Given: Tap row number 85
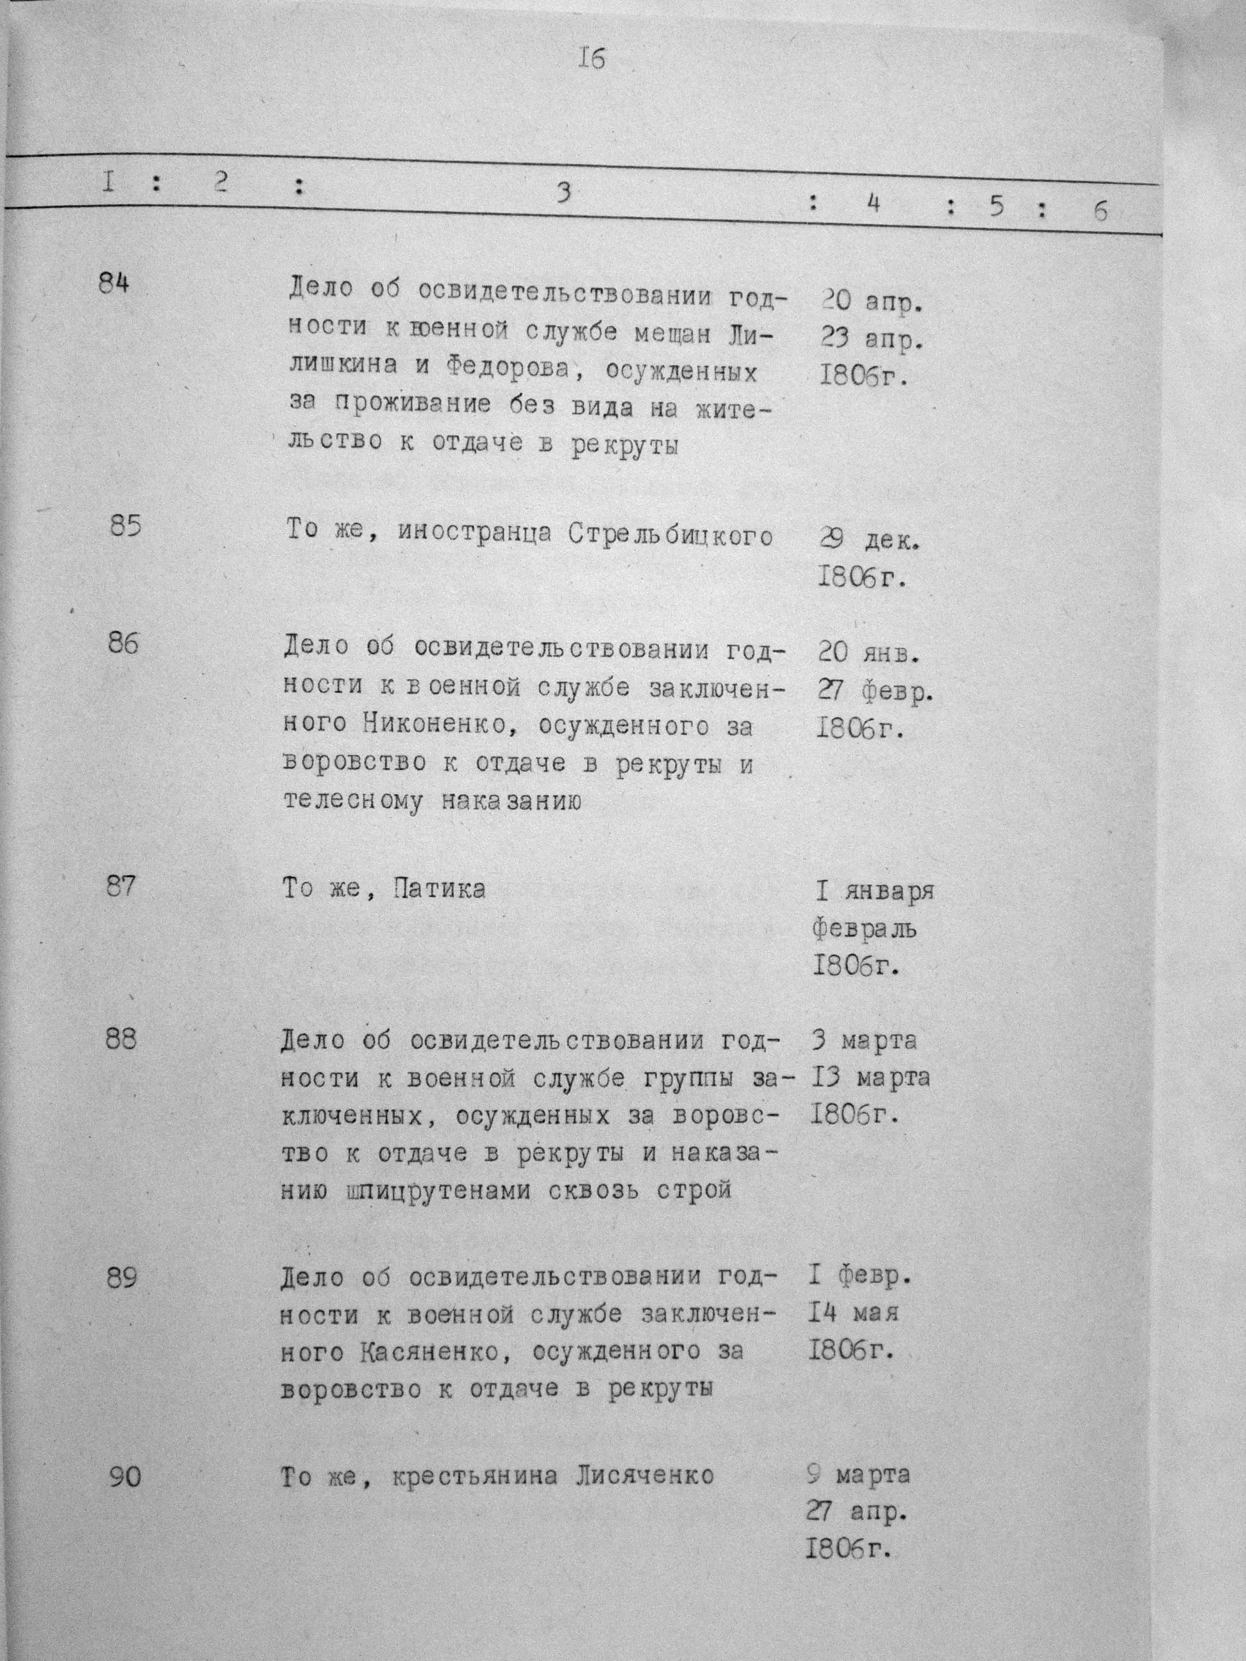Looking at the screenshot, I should click(x=125, y=525).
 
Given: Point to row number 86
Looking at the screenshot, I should click(x=123, y=643).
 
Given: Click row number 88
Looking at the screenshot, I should click(x=122, y=1039).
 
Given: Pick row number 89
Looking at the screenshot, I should click(x=122, y=1277).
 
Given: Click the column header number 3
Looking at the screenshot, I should click(x=563, y=192).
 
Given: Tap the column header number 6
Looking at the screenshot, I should click(x=1101, y=211).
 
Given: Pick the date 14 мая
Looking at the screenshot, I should click(x=854, y=1312).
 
